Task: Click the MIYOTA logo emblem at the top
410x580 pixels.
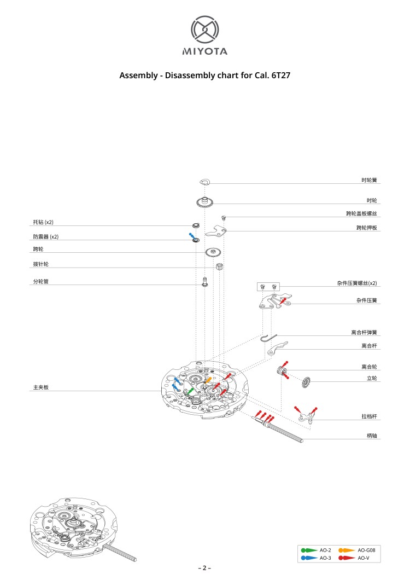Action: [x=204, y=30]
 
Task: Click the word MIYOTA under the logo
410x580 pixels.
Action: [x=204, y=52]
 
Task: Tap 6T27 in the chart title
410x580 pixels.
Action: [x=280, y=76]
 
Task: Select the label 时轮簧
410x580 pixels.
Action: [x=369, y=179]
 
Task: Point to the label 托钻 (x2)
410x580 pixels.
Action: [x=43, y=222]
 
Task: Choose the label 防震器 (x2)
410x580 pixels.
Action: [x=45, y=237]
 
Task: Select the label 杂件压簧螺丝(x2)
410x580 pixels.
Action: [x=356, y=283]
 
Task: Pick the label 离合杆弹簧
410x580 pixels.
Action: [x=364, y=332]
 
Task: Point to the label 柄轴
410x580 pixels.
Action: [x=372, y=436]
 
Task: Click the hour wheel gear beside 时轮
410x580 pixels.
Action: [x=204, y=202]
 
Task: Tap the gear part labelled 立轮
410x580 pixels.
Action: [x=305, y=382]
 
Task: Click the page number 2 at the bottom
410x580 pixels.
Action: [x=204, y=568]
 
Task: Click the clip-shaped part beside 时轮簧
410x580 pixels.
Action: [x=205, y=182]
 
